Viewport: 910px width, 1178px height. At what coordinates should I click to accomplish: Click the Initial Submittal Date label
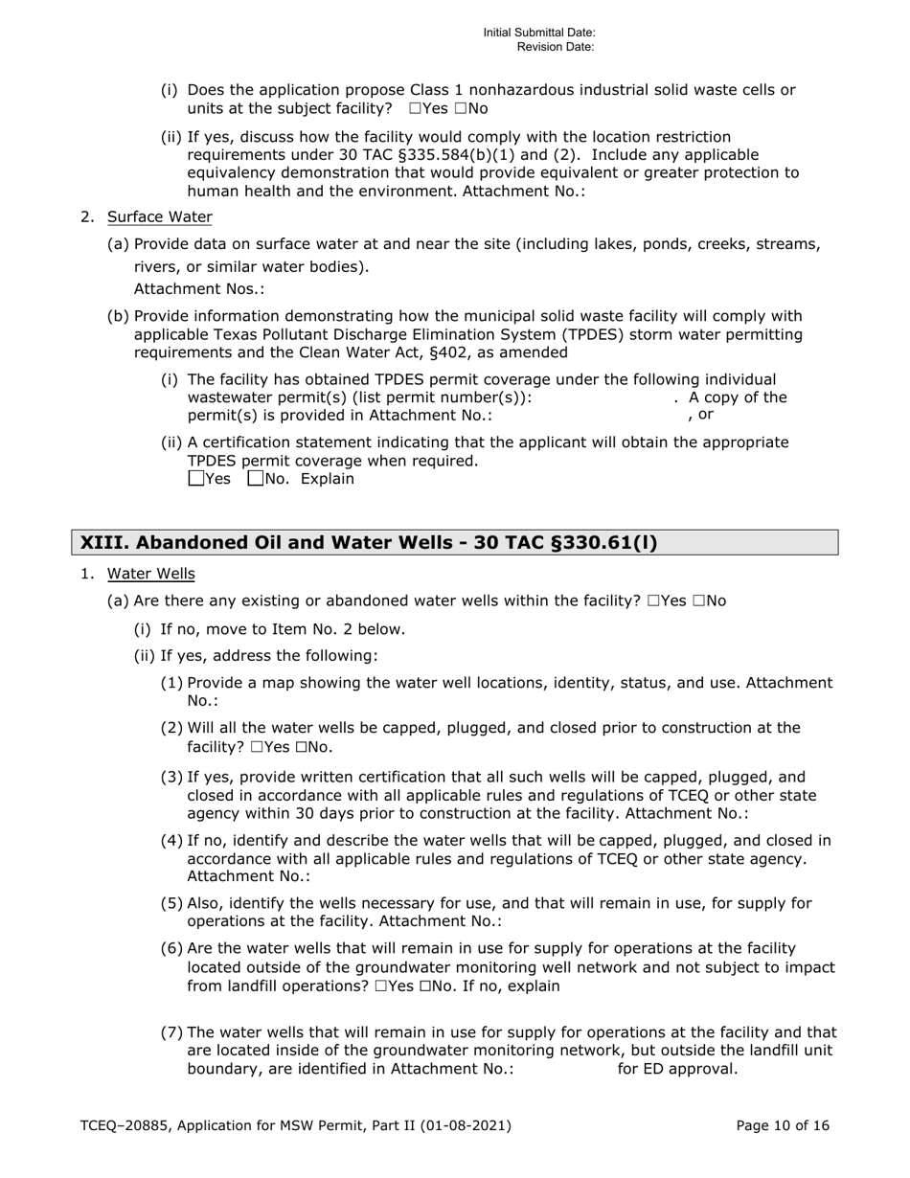click(538, 33)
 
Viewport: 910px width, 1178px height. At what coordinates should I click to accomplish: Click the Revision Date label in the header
click(556, 47)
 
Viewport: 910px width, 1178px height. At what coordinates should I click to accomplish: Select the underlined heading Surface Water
click(159, 216)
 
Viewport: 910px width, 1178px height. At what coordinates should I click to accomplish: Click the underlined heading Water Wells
click(150, 574)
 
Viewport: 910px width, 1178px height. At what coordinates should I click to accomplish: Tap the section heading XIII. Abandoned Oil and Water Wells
click(369, 543)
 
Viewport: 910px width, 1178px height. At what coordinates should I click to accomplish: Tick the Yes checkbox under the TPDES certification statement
click(196, 479)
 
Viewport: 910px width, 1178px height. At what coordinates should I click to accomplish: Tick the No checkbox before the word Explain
click(255, 479)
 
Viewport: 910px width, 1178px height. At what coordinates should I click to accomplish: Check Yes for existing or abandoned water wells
click(653, 601)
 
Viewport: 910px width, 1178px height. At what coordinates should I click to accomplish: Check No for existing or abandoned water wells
click(696, 601)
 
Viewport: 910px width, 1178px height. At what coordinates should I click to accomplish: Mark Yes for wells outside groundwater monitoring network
click(381, 986)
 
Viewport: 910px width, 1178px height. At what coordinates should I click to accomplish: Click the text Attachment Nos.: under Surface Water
click(199, 289)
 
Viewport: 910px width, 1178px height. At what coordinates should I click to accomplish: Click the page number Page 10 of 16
click(783, 1126)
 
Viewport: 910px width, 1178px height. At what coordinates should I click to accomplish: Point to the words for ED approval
click(677, 1069)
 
